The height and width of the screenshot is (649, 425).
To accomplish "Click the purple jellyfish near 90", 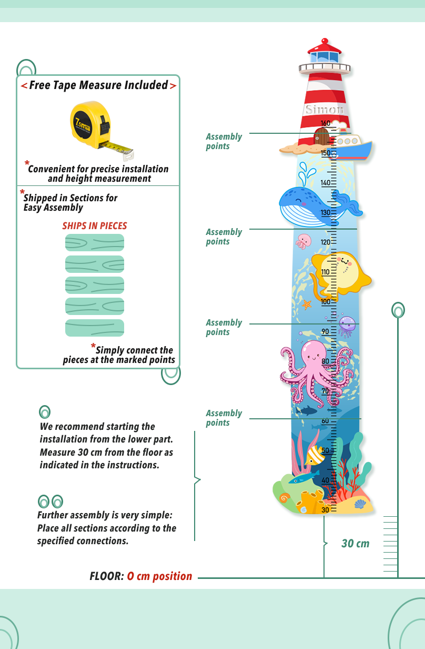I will pyautogui.click(x=347, y=325).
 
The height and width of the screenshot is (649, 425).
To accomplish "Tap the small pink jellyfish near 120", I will pyautogui.click(x=303, y=241).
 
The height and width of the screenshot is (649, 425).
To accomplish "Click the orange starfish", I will pyautogui.click(x=307, y=304).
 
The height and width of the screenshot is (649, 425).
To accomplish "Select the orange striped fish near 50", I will pyautogui.click(x=315, y=454).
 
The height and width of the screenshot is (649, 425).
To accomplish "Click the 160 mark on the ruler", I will pyautogui.click(x=326, y=124).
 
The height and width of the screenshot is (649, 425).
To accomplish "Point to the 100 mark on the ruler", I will pyautogui.click(x=326, y=302).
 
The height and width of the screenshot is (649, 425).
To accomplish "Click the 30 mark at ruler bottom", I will pyautogui.click(x=326, y=509).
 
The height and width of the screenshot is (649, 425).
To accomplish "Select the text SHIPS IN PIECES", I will pyautogui.click(x=95, y=226).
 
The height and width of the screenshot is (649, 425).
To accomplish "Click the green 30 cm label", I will pyautogui.click(x=356, y=544).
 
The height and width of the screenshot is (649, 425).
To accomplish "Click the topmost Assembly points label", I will pyautogui.click(x=224, y=141).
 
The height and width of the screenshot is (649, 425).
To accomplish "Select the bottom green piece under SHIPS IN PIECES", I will pyautogui.click(x=95, y=328).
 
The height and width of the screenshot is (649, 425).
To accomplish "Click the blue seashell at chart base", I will pyautogui.click(x=360, y=504).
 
